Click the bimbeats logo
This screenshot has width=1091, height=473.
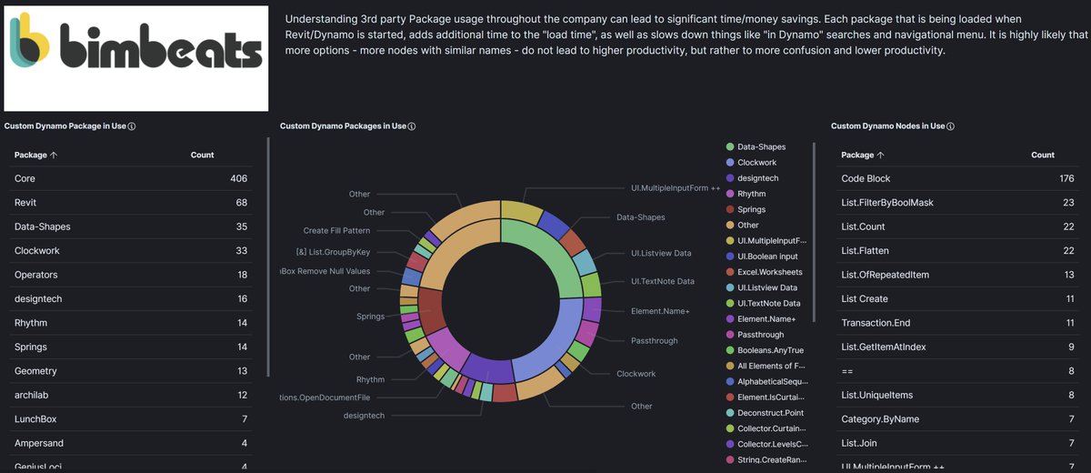(x=136, y=58)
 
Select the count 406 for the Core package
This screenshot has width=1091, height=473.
(x=238, y=178)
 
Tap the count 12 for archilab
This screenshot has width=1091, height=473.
(x=241, y=395)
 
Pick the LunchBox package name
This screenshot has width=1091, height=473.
(x=36, y=418)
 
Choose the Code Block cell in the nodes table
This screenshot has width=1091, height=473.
(x=866, y=178)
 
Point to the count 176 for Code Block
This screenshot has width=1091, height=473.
(x=1066, y=178)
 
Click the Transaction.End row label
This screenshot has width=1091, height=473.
(x=876, y=322)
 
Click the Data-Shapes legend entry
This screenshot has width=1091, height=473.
(x=761, y=146)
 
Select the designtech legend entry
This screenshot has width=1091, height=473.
(x=757, y=178)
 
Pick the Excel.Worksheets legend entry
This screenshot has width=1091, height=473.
(x=769, y=272)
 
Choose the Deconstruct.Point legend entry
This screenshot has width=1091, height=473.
(x=770, y=413)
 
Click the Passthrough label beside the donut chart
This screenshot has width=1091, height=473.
(x=654, y=340)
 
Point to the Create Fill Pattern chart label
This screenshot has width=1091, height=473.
(x=336, y=231)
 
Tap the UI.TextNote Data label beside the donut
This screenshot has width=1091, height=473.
(x=662, y=281)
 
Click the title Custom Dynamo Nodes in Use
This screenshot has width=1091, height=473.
(x=887, y=126)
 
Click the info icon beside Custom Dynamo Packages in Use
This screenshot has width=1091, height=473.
(x=412, y=126)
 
